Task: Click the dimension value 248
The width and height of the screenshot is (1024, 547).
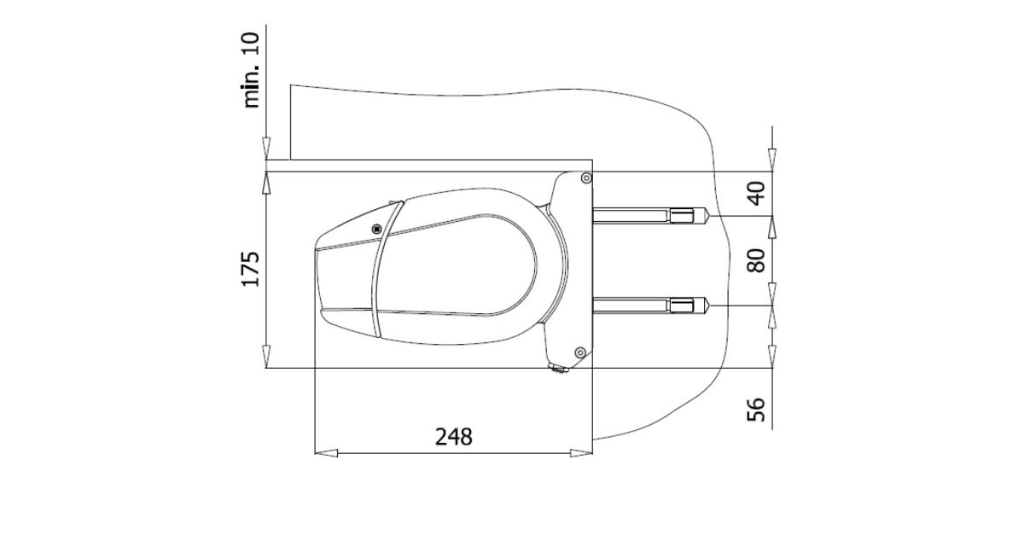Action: (x=453, y=437)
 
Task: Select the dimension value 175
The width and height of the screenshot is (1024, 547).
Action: (x=251, y=269)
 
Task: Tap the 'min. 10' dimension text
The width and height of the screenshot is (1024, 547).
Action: (x=252, y=70)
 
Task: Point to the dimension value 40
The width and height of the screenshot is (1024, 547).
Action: (x=757, y=194)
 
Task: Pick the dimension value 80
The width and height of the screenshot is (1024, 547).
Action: (x=757, y=260)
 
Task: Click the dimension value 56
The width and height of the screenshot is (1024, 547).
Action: (x=757, y=410)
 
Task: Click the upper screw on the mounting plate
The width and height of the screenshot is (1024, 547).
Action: (x=586, y=178)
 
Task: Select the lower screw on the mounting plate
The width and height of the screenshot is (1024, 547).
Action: (x=580, y=352)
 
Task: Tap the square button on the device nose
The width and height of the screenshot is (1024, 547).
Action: (x=376, y=229)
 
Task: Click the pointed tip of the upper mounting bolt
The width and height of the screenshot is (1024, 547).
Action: (x=708, y=215)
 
